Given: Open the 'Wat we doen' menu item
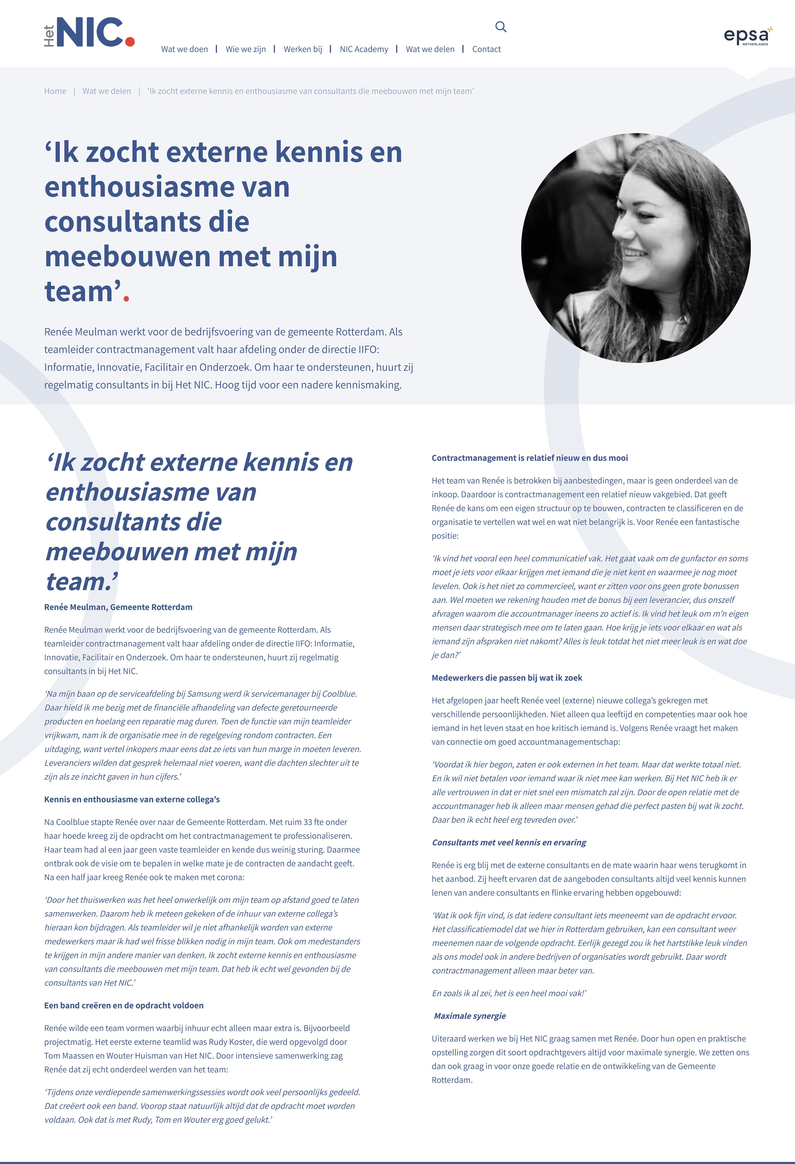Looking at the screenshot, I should point(184,49).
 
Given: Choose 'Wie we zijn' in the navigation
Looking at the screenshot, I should point(245,49).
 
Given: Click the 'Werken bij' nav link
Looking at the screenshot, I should point(302,49).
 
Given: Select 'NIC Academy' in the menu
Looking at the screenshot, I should point(364,49).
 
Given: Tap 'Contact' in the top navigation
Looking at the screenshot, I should point(486,49).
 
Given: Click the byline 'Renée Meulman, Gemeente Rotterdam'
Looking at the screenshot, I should point(118,607).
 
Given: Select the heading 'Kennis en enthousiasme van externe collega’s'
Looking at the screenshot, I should point(132,799).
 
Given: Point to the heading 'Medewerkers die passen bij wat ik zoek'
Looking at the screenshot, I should point(507,678).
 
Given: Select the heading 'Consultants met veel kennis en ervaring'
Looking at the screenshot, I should point(509,842).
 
